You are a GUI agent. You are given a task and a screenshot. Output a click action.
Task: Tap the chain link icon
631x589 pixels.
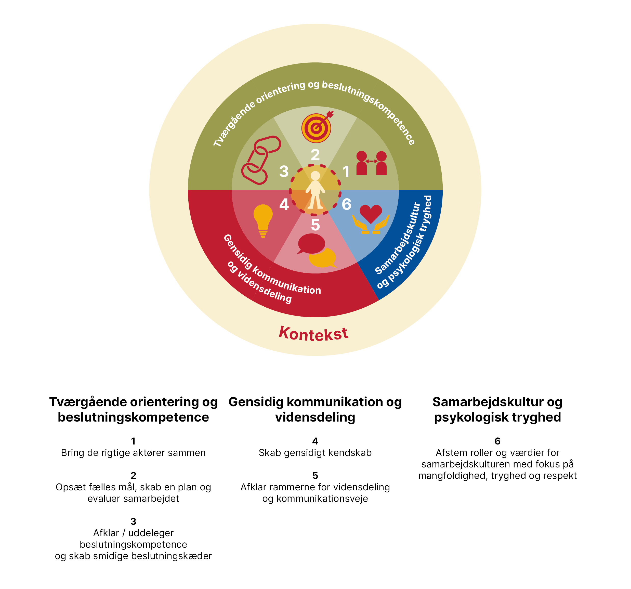(x=261, y=160)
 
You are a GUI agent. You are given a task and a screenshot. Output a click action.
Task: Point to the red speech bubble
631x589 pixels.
(x=311, y=244)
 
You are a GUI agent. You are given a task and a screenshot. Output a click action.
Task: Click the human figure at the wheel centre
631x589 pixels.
(x=315, y=190)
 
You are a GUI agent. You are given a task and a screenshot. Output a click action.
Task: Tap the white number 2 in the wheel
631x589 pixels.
(x=315, y=155)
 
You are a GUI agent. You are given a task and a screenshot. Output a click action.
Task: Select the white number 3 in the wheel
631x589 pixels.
(x=284, y=171)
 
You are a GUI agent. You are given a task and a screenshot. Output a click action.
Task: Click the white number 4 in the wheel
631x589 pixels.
(x=284, y=204)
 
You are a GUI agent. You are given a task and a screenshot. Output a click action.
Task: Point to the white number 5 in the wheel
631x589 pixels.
(x=315, y=225)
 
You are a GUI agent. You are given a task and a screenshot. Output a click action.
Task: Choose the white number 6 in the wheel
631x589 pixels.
(x=346, y=204)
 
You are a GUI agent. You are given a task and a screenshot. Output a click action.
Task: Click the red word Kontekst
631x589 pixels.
(x=314, y=334)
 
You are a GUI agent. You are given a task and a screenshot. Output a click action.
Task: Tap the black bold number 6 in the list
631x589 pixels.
(x=497, y=441)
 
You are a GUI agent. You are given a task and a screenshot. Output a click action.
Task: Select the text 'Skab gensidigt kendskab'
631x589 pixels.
(x=315, y=453)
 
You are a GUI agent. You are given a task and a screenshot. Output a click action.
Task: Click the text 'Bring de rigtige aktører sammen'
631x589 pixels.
(x=133, y=453)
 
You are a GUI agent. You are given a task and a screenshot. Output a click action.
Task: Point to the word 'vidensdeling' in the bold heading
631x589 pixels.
(x=315, y=417)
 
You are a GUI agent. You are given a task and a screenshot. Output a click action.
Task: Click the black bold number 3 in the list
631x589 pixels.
(x=133, y=521)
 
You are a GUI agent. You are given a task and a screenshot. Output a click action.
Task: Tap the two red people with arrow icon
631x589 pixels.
(x=371, y=163)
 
